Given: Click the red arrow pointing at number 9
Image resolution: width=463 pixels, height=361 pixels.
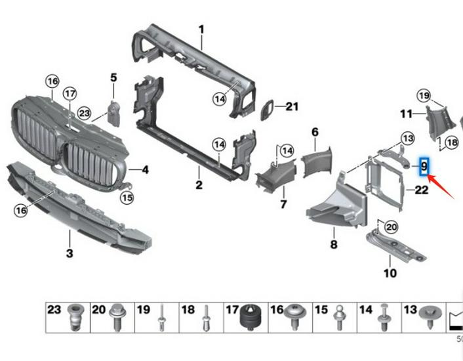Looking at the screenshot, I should pyautogui.click(x=440, y=186).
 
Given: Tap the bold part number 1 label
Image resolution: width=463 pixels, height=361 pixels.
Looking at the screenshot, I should pyautogui.click(x=201, y=30).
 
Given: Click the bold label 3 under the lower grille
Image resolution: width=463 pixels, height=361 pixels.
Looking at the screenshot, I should pyautogui.click(x=69, y=253).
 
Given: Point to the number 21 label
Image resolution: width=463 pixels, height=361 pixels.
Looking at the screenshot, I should pyautogui.click(x=292, y=106).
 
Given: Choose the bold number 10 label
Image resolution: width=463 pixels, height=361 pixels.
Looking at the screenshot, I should pyautogui.click(x=390, y=272).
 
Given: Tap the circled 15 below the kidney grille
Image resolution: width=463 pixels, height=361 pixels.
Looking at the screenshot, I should pyautogui.click(x=127, y=196).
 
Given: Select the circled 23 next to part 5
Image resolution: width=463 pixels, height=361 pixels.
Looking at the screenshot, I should pyautogui.click(x=84, y=113).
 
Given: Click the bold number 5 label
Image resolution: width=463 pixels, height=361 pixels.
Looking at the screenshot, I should pyautogui.click(x=113, y=77).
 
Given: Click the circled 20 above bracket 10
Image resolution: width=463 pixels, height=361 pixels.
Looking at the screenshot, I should pyautogui.click(x=392, y=227).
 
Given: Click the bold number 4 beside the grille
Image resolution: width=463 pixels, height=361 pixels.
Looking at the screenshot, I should pyautogui.click(x=145, y=170).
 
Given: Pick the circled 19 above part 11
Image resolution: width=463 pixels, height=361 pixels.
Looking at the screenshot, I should pyautogui.click(x=424, y=96).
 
